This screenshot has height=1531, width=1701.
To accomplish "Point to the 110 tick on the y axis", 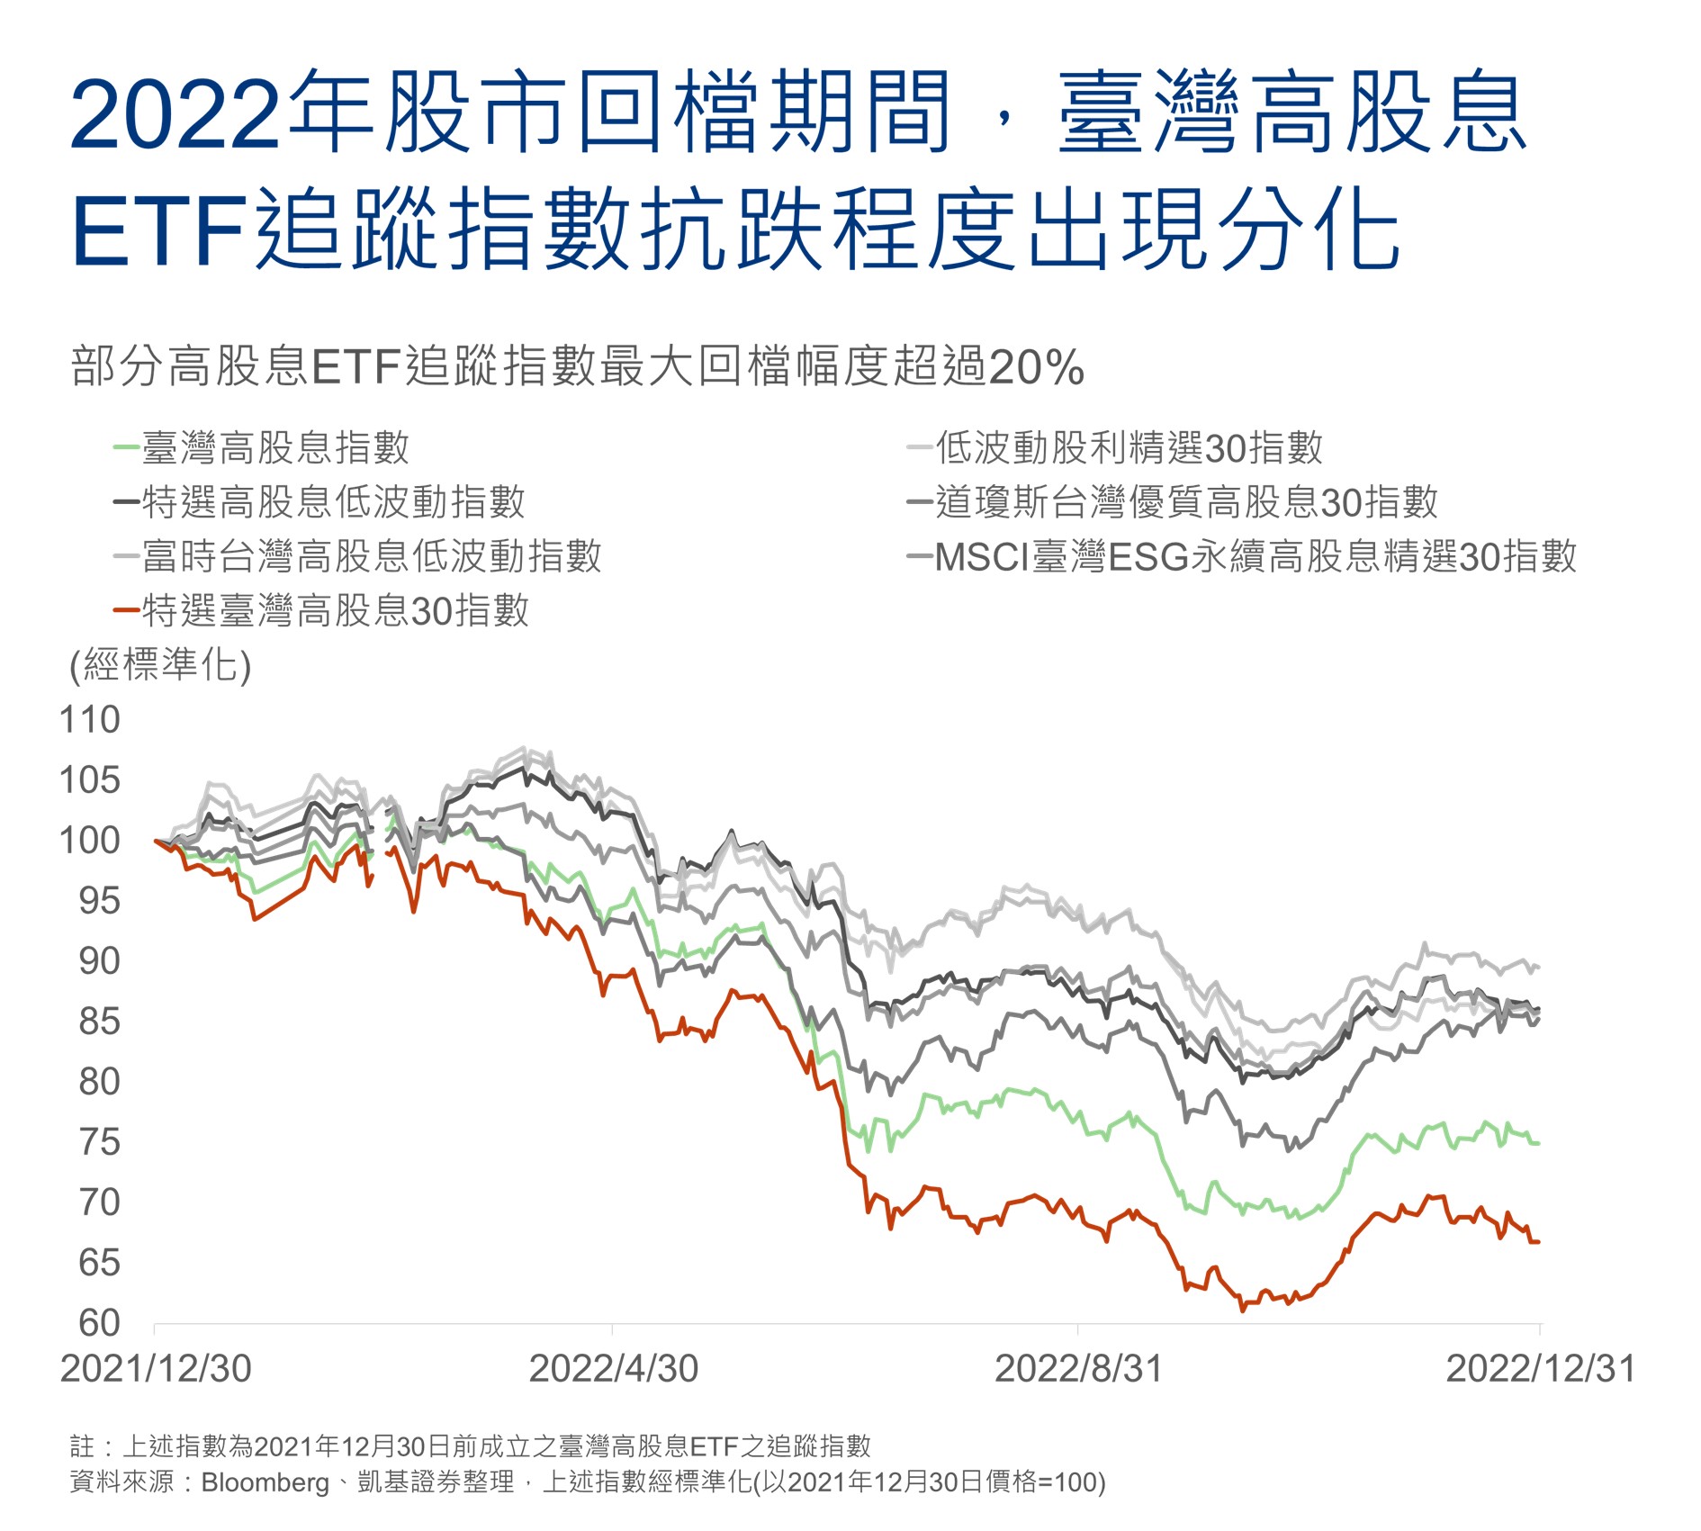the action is point(89,720).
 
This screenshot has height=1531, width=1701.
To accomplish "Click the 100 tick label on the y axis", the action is point(89,841).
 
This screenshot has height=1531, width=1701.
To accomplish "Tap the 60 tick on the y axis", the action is point(99,1323).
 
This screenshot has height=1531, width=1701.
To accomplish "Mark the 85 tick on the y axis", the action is point(99,1022).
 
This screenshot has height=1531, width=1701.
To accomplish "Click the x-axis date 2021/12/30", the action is point(156,1369).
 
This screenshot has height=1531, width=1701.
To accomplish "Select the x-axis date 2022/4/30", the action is point(613,1369).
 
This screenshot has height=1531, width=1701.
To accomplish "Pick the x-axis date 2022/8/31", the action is point(1078,1369).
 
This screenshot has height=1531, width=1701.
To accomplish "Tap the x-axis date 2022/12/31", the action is point(1540,1369).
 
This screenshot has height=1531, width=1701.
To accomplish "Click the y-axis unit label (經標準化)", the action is point(161,666).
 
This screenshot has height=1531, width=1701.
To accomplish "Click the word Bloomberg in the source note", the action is point(265,1482).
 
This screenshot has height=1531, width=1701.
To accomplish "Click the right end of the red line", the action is point(1539,1242).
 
